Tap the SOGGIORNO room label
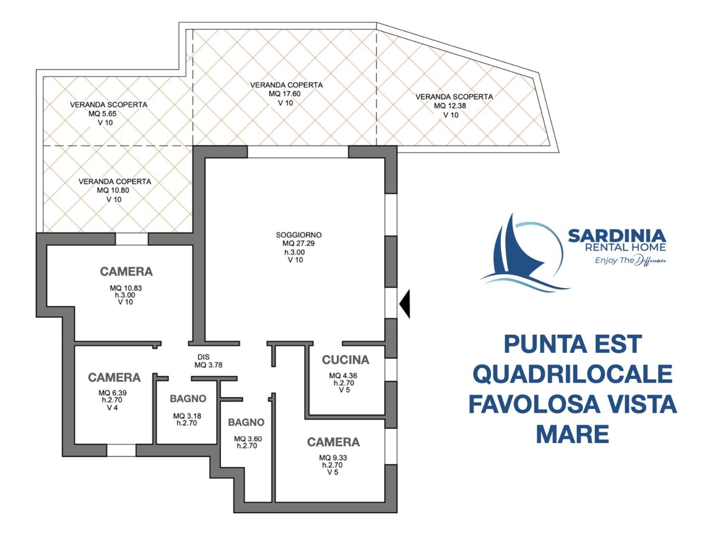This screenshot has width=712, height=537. click(299, 235)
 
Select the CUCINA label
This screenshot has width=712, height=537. click(346, 360)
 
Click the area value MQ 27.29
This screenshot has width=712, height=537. click(299, 243)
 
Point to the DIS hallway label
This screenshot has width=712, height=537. click(203, 357)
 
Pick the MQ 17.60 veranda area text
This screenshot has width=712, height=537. click(285, 94)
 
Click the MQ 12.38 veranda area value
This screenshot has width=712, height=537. click(450, 106)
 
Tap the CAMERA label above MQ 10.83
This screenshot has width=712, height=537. click(126, 272)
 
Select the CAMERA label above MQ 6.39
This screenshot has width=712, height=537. click(114, 378)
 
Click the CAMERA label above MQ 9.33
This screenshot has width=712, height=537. click(334, 442)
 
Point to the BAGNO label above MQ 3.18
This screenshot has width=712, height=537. click(188, 399)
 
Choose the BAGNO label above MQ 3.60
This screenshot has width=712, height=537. click(246, 422)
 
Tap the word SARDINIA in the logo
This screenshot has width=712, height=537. click(617, 236)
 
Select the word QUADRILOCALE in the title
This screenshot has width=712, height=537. click(572, 374)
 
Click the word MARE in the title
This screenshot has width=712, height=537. click(572, 434)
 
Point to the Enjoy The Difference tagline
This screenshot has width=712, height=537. click(630, 260)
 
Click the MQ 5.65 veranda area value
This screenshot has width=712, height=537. click(102, 114)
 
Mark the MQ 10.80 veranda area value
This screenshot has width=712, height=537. click(113, 190)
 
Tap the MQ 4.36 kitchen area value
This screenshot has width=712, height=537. click(343, 376)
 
